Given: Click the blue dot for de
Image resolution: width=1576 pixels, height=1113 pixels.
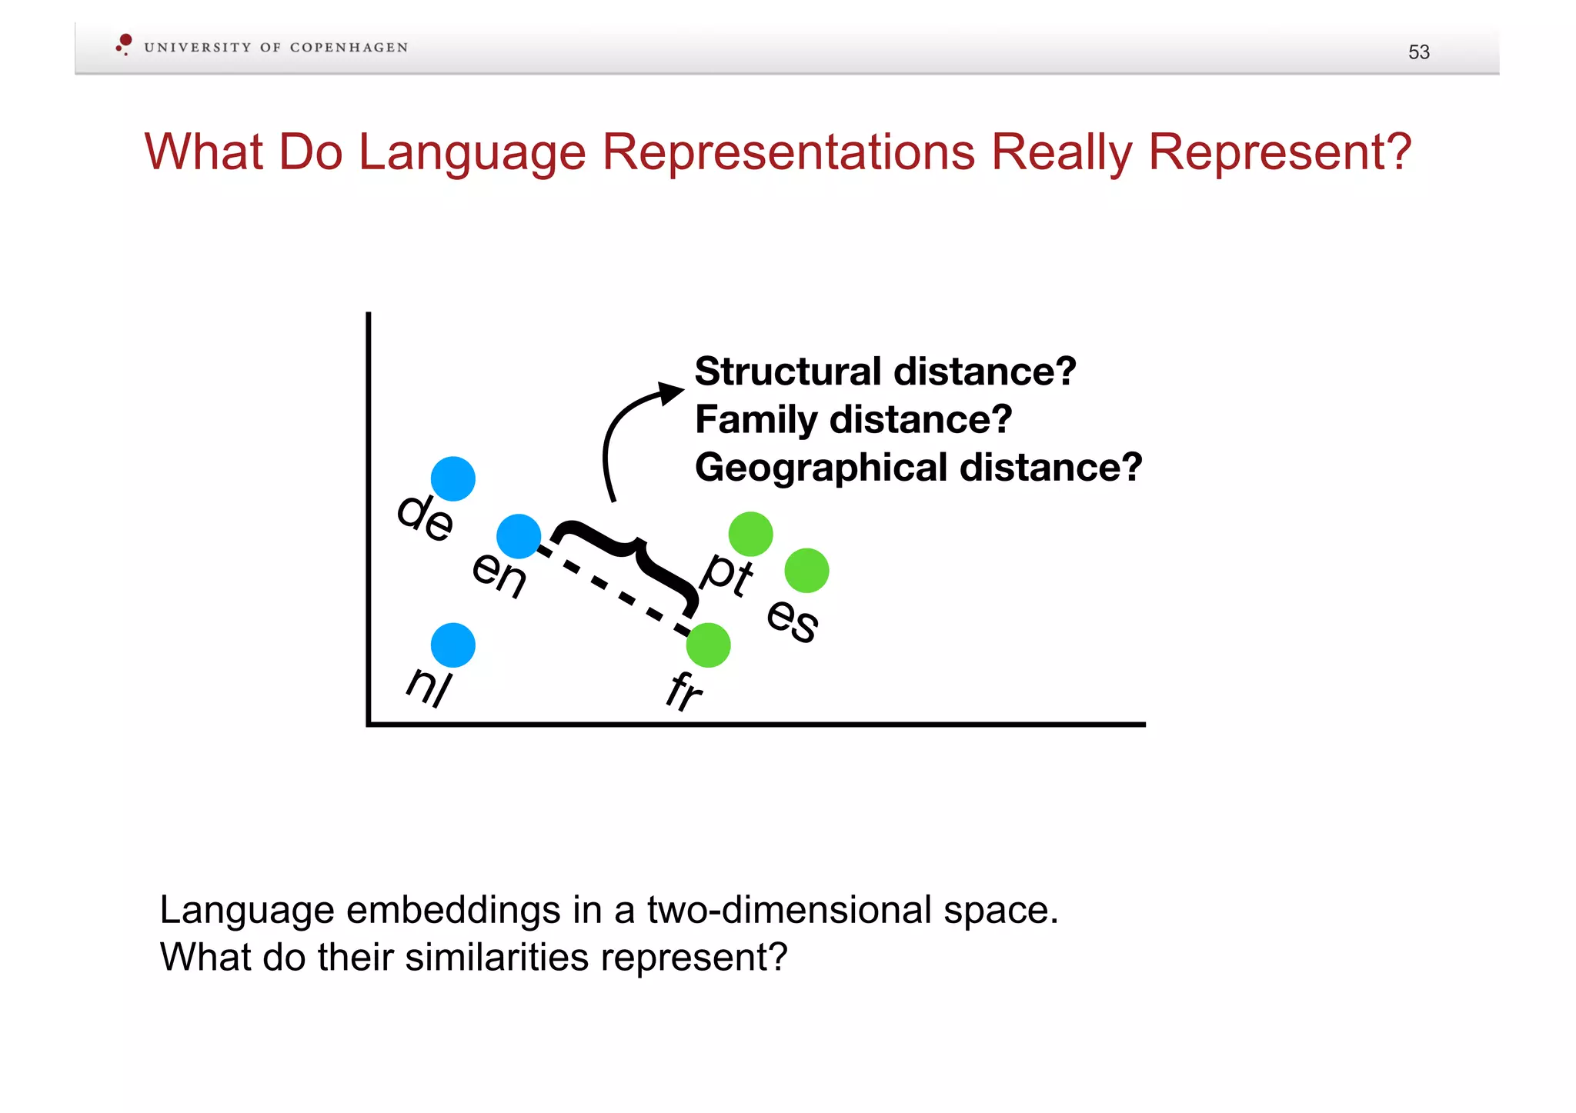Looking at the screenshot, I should (x=452, y=478).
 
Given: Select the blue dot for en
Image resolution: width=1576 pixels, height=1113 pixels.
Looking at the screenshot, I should (x=519, y=536).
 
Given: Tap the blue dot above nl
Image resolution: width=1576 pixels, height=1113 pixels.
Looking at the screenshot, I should (x=452, y=645).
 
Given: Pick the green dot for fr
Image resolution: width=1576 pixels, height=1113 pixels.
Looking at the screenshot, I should (x=708, y=645).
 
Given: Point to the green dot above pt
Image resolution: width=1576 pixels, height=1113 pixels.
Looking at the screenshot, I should (x=750, y=534).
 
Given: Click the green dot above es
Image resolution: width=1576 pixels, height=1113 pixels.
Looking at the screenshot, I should (x=806, y=571).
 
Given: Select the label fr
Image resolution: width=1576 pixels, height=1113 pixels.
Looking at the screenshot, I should (x=684, y=690).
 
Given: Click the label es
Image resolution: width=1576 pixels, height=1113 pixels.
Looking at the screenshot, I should (x=793, y=619).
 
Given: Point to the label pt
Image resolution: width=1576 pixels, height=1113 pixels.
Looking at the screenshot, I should (x=727, y=574).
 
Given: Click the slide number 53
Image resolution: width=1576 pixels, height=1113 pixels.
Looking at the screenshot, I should (x=1418, y=52).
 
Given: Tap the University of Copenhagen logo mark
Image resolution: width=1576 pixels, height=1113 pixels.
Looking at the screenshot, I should (x=124, y=44).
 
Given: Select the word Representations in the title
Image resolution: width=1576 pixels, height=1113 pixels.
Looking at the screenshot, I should (x=789, y=152).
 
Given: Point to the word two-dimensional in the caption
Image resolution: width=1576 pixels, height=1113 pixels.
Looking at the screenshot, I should (x=789, y=910).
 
